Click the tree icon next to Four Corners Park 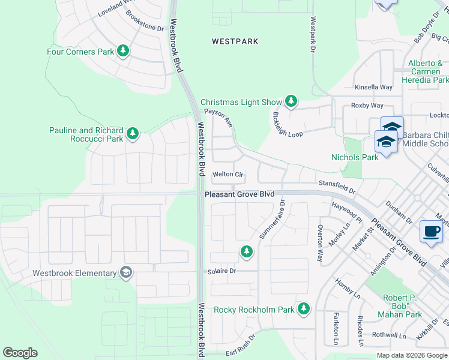[123, 51]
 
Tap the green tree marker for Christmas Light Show [291, 101]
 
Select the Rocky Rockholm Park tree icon [304, 309]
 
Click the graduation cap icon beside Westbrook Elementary [126, 273]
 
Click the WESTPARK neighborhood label [235, 41]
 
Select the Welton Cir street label [228, 175]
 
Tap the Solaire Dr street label [223, 271]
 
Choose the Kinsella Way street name [373, 87]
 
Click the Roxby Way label [367, 106]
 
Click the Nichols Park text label [355, 157]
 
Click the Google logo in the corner [20, 353]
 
